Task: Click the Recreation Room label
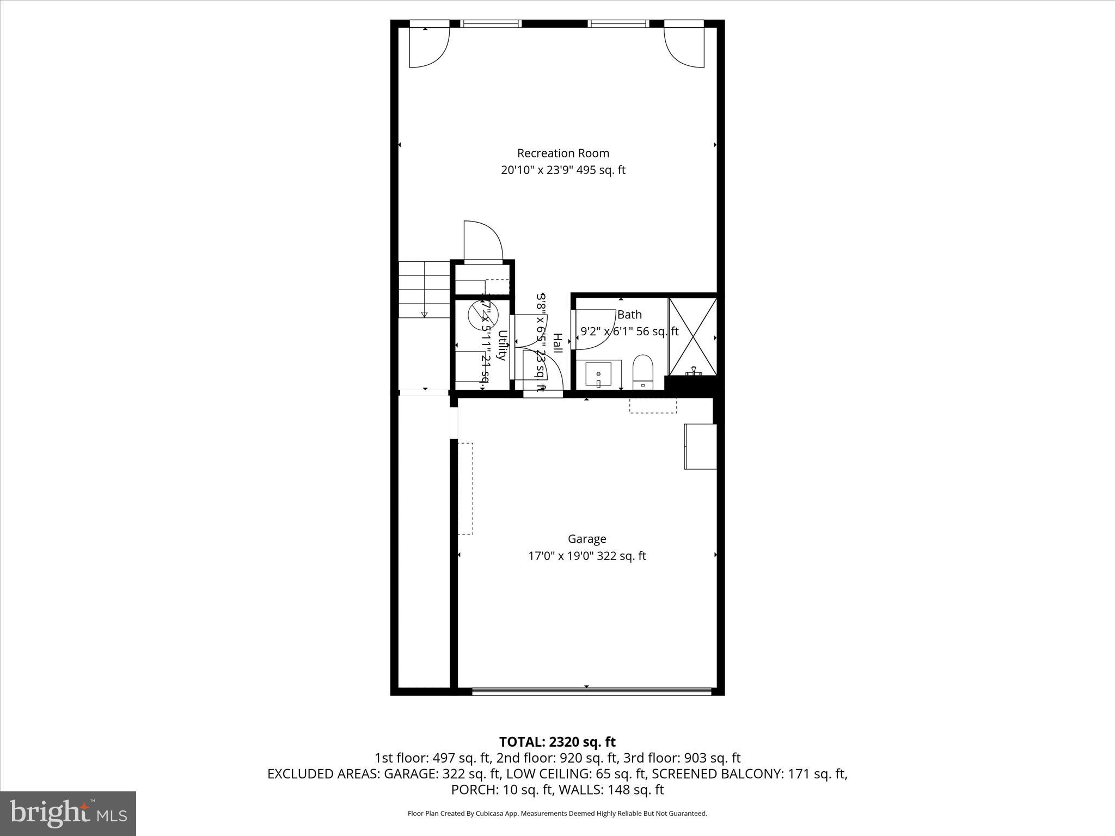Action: [563, 153]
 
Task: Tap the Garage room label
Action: [586, 539]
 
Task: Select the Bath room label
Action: [629, 315]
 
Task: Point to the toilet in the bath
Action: [643, 372]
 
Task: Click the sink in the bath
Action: [598, 374]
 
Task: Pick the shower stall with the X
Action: [693, 336]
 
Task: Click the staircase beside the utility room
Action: [424, 289]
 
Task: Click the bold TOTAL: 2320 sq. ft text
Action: [557, 742]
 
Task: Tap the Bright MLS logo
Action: [68, 813]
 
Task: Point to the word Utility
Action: [502, 346]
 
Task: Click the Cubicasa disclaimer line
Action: [557, 814]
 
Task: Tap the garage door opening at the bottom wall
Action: [591, 692]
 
